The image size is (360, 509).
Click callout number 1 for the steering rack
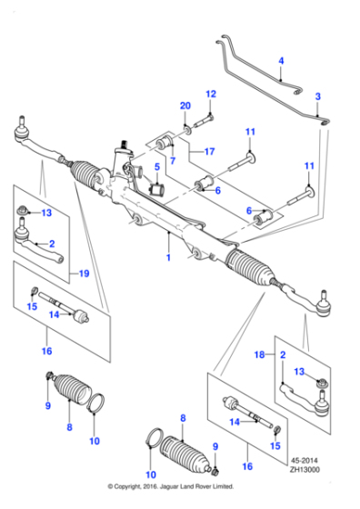[x=168, y=258]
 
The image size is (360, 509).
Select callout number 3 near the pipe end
[x=318, y=96]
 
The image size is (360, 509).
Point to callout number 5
[x=155, y=166]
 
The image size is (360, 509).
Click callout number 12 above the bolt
[x=210, y=94]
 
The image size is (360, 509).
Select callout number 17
[x=210, y=151]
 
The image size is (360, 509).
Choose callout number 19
[x=83, y=273]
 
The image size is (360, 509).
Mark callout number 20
[x=185, y=106]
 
